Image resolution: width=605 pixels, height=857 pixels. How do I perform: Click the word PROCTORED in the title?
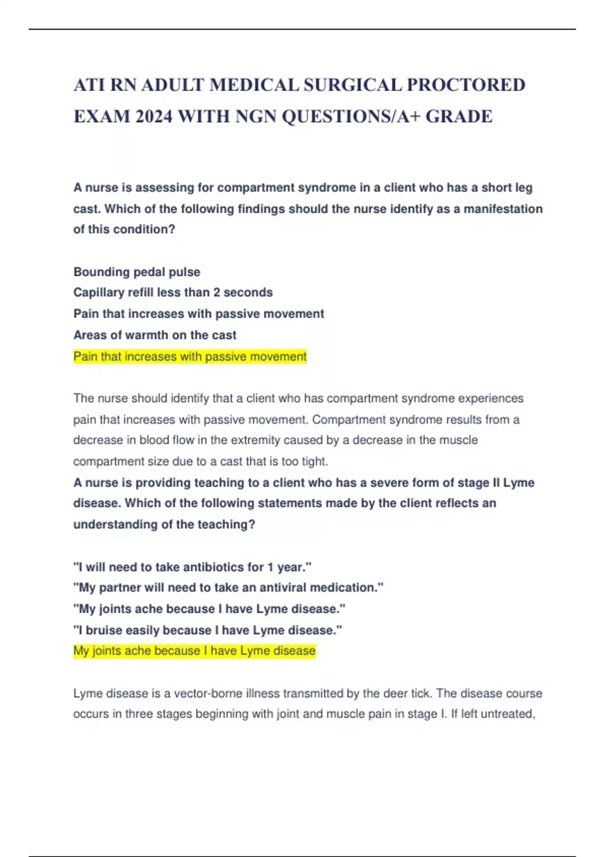466,85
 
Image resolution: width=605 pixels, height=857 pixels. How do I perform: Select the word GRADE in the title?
459,116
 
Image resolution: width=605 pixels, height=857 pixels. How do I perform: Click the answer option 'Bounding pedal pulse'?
137,272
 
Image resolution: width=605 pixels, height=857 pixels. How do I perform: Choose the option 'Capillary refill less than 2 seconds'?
173,292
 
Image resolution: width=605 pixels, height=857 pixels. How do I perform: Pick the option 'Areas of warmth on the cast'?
155,335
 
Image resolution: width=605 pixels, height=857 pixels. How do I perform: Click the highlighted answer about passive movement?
190,357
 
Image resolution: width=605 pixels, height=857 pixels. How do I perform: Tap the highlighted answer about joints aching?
194,651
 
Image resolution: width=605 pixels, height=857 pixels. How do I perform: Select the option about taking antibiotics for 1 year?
192,567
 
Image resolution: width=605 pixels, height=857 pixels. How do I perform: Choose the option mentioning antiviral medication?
228,588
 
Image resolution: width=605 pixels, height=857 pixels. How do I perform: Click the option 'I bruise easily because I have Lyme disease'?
207,630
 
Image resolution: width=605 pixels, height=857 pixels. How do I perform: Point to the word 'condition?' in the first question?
144,229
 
